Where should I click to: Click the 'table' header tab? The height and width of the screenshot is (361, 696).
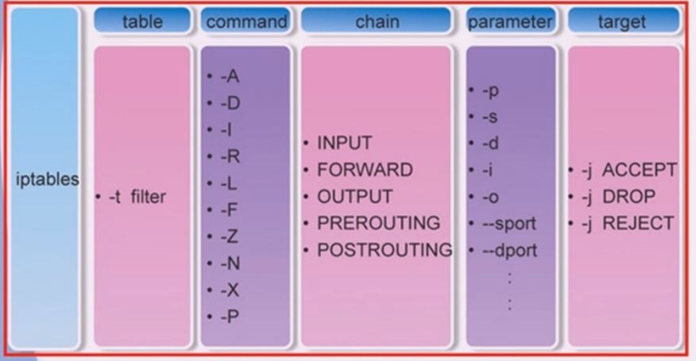[x=142, y=22]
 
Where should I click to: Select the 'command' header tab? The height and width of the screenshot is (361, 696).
[x=246, y=22]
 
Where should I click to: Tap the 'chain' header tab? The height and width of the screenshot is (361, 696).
[x=377, y=22]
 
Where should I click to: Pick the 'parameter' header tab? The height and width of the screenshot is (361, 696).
[x=510, y=22]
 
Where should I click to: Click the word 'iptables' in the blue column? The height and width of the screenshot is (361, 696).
[x=47, y=179]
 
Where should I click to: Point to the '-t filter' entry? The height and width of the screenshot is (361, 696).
[x=137, y=197]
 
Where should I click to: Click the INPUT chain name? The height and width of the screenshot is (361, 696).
[x=344, y=144]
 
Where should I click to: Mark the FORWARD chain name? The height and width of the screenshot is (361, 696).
[x=365, y=170]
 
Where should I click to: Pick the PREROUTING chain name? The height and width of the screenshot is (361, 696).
[x=378, y=223]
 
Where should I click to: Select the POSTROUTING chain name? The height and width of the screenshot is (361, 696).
[x=385, y=250]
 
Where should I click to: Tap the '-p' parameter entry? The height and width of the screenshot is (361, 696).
[x=490, y=90]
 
